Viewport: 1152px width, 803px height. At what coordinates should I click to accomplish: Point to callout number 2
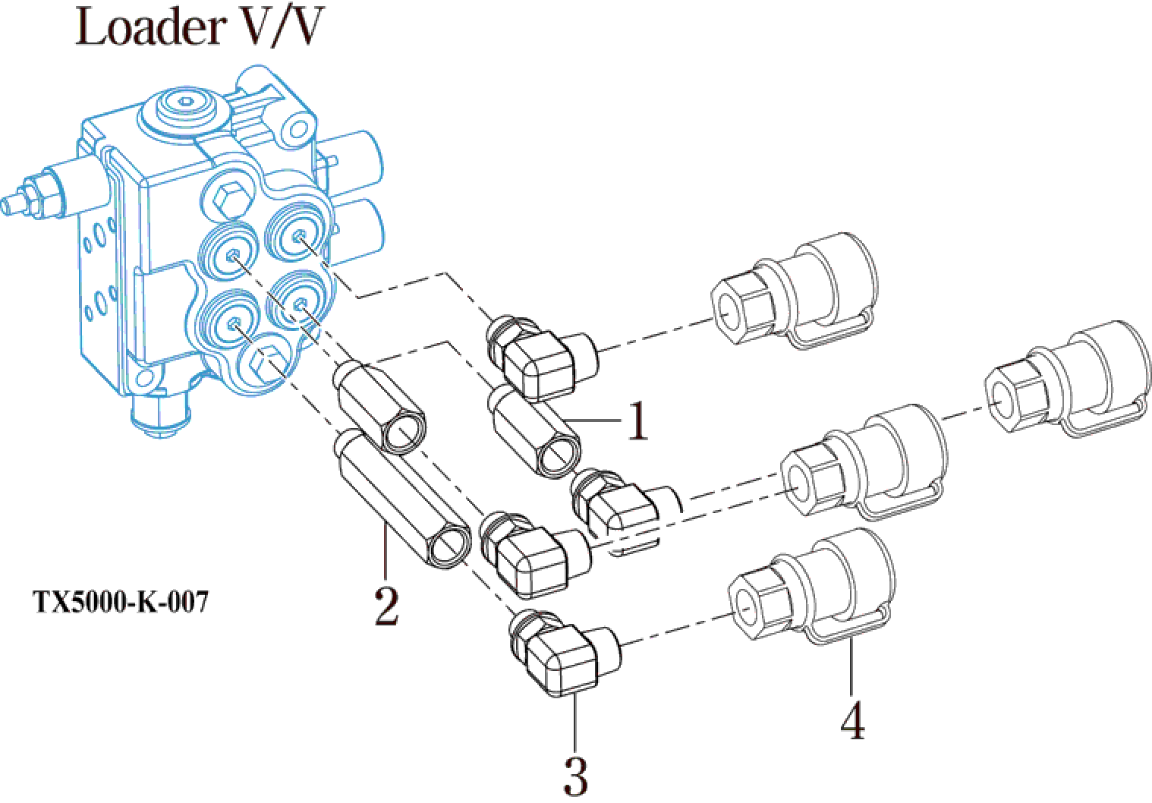[x=386, y=605]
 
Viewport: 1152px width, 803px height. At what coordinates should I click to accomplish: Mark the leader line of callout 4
[x=852, y=668]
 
